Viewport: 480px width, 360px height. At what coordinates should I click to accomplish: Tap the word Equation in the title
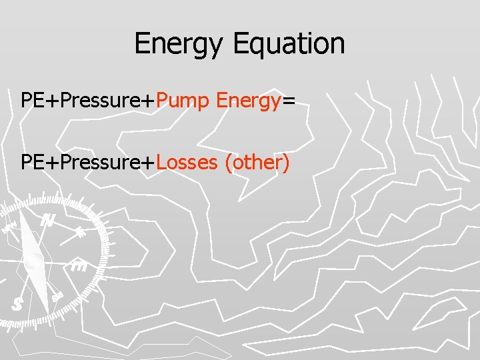click(x=289, y=44)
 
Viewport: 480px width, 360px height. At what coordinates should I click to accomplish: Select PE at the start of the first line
click(x=31, y=101)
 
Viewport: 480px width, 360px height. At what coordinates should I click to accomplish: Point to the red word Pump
click(x=184, y=101)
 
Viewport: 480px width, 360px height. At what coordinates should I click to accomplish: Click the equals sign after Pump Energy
click(x=289, y=102)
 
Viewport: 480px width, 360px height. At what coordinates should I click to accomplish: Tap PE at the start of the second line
click(x=31, y=162)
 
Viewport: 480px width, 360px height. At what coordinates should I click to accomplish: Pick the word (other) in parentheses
click(x=257, y=162)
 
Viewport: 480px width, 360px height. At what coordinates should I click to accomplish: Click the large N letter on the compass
click(x=47, y=221)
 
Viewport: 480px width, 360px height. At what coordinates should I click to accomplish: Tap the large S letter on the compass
click(x=17, y=304)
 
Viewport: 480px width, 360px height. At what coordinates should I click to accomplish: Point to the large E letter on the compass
click(x=79, y=266)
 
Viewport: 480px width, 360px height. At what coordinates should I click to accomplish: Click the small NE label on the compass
click(x=80, y=232)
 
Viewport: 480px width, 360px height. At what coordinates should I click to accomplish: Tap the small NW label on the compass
click(x=10, y=227)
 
